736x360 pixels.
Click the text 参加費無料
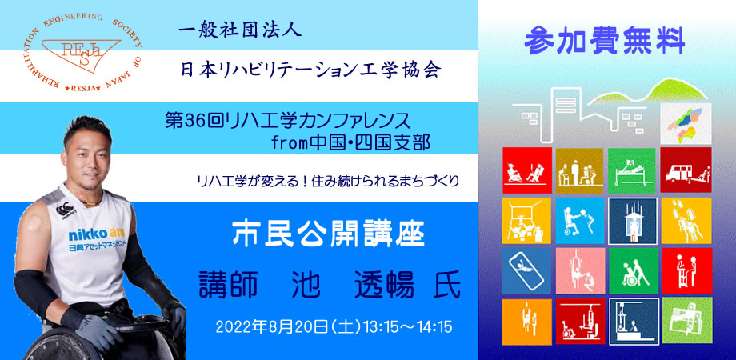[605, 42]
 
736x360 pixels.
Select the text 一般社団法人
[240, 31]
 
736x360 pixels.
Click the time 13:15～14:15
[407, 326]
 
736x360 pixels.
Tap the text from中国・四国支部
[350, 143]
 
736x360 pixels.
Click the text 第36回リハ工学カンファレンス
[288, 121]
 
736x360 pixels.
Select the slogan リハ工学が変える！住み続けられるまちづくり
[328, 181]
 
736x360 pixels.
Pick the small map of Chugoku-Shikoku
[686, 123]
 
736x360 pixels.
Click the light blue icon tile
[580, 221]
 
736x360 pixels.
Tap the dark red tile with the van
[686, 170]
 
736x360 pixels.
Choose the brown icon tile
[580, 170]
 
